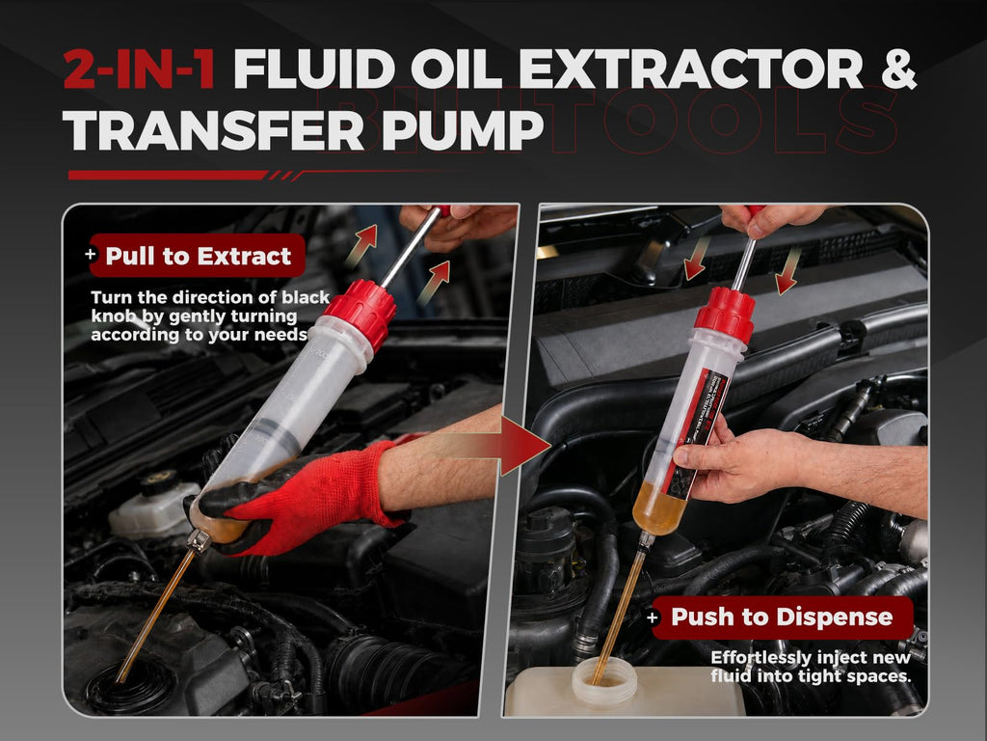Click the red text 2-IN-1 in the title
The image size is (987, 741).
(140, 69)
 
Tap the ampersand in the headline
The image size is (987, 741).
(897, 69)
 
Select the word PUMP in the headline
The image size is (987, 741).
(463, 130)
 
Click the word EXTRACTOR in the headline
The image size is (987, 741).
(690, 69)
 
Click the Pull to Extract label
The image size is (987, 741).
(198, 256)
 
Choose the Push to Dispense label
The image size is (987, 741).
(782, 617)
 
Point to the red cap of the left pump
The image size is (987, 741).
(360, 313)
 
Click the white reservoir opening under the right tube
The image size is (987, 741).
(604, 680)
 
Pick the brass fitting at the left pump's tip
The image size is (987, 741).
(199, 540)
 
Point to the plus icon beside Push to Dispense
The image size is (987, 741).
(653, 617)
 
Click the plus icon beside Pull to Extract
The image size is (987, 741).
(92, 254)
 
